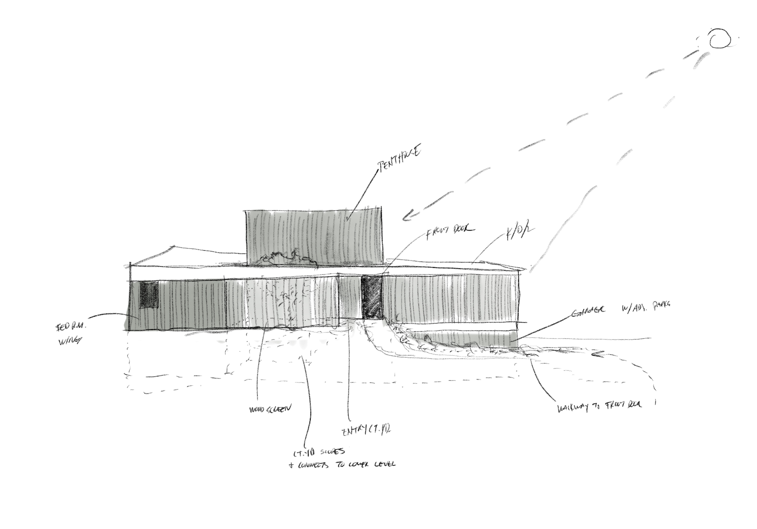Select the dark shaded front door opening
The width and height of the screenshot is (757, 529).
[371, 297]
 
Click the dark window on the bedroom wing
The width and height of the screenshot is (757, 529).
[149, 295]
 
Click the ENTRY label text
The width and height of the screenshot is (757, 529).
[366, 431]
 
